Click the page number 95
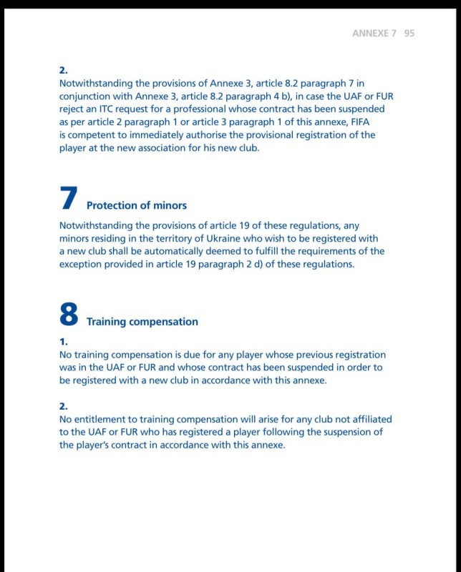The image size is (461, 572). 409,34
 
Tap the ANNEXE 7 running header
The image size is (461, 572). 374,34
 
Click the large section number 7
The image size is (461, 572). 69,199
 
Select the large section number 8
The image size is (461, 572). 69,315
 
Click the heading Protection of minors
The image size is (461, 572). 137,205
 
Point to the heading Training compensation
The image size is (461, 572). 142,322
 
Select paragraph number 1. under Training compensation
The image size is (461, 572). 63,342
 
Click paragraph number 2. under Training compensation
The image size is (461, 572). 63,406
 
